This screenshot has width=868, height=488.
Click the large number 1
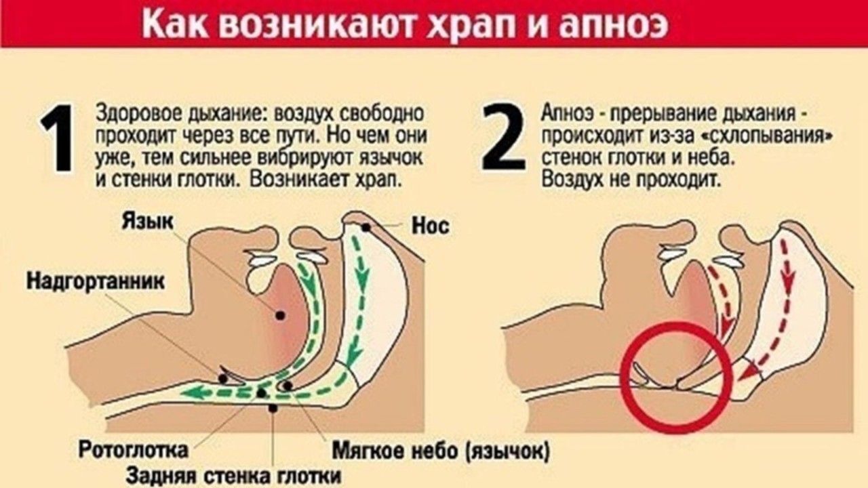tap(59, 138)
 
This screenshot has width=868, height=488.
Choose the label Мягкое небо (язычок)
tap(440, 450)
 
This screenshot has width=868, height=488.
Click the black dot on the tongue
tap(279, 315)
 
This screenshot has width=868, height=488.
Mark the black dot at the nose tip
tap(367, 228)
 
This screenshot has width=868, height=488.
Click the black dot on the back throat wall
tap(273, 408)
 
